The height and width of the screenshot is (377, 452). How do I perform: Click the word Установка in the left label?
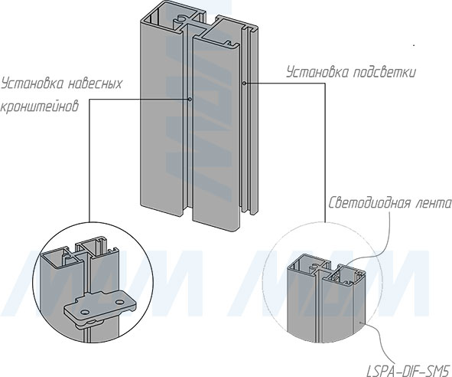[33, 84]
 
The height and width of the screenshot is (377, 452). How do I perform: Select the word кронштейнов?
[40, 106]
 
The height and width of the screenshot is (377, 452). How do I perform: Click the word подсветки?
[384, 72]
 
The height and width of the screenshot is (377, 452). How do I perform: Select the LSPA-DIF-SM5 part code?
[408, 370]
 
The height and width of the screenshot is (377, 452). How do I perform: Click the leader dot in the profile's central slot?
[190, 100]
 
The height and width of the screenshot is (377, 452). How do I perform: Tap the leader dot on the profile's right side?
[244, 84]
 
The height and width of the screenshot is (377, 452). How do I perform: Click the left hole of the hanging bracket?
[85, 313]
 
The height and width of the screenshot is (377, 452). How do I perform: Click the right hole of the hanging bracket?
[119, 303]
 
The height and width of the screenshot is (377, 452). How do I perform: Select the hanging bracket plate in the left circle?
[100, 307]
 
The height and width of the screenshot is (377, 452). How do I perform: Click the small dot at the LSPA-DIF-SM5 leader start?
[359, 322]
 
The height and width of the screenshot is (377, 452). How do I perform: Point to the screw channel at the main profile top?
[180, 19]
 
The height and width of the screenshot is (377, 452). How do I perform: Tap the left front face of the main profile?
[162, 119]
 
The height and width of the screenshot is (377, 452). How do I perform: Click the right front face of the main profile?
[216, 133]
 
